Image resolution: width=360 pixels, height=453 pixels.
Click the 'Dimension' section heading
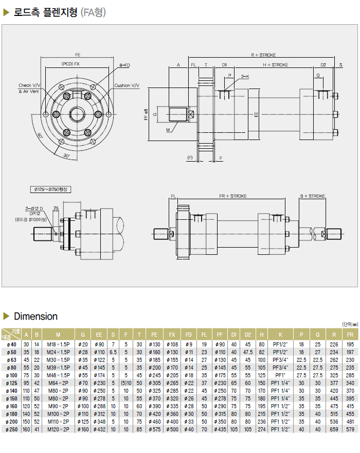(x=35, y=316)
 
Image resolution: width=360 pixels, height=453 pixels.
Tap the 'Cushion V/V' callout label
(x=127, y=85)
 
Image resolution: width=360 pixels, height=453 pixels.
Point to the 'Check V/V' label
(x=29, y=85)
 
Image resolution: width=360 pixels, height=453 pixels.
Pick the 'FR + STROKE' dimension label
(x=232, y=196)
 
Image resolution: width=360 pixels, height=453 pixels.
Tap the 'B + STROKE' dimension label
(x=313, y=196)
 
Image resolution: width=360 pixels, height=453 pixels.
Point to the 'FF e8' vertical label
(x=146, y=114)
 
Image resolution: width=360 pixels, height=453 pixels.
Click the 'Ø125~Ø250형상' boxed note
(x=50, y=189)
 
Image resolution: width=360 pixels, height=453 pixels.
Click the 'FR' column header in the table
(x=350, y=335)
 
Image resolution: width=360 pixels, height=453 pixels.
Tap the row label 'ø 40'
(x=10, y=344)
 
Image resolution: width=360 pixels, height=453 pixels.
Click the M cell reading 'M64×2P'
(x=58, y=382)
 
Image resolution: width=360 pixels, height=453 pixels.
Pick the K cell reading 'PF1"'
(x=281, y=375)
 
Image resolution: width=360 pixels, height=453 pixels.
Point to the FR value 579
(x=350, y=429)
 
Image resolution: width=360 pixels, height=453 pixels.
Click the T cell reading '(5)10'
(x=125, y=382)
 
